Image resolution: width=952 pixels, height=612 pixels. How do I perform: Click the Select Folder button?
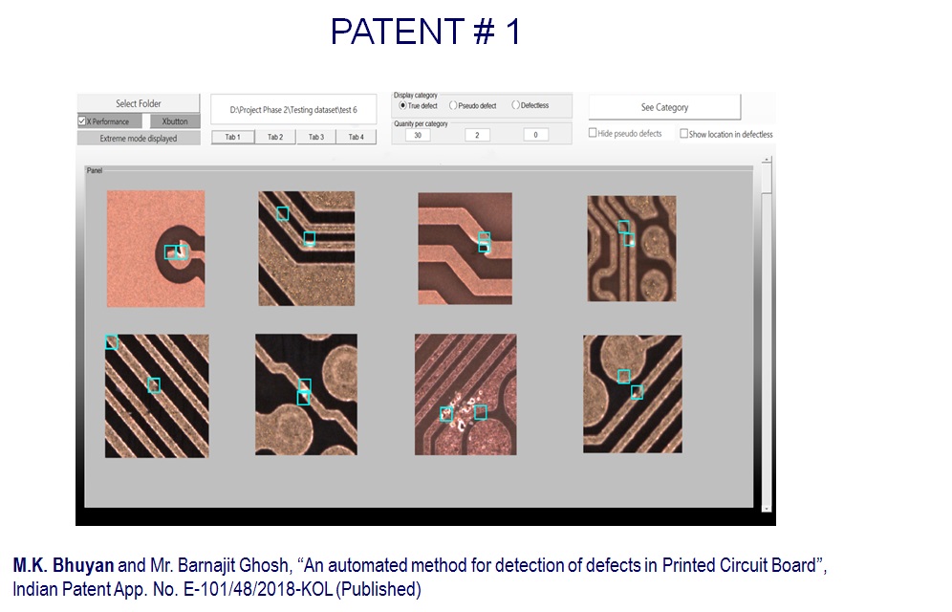pyautogui.click(x=139, y=103)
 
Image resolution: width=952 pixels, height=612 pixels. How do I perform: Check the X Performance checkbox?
pyautogui.click(x=82, y=121)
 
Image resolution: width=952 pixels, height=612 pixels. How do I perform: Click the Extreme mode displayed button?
pyautogui.click(x=139, y=139)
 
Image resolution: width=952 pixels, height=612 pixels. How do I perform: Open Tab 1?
pyautogui.click(x=233, y=137)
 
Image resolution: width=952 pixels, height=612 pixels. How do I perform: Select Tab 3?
pyautogui.click(x=316, y=137)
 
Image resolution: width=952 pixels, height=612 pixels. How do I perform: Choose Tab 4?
pyautogui.click(x=357, y=137)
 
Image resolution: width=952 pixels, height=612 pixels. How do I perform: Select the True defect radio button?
pyautogui.click(x=402, y=105)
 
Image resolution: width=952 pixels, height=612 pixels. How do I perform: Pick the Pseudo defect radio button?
pyautogui.click(x=453, y=105)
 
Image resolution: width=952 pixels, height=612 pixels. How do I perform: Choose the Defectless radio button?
pyautogui.click(x=516, y=105)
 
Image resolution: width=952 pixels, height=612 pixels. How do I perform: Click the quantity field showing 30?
pyautogui.click(x=418, y=135)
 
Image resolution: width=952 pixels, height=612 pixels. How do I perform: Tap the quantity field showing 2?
pyautogui.click(x=477, y=135)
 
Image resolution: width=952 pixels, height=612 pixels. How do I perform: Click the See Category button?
pyautogui.click(x=665, y=107)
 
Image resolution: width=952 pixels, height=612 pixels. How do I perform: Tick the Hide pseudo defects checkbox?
pyautogui.click(x=593, y=133)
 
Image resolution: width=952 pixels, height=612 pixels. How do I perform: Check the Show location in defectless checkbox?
pyautogui.click(x=683, y=134)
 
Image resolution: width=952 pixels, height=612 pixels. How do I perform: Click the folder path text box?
pyautogui.click(x=293, y=110)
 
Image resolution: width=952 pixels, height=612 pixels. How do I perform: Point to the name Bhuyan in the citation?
pyautogui.click(x=83, y=565)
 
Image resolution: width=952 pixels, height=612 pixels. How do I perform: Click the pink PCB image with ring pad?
pyautogui.click(x=156, y=249)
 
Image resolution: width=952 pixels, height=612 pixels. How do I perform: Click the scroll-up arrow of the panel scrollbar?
pyautogui.click(x=767, y=160)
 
